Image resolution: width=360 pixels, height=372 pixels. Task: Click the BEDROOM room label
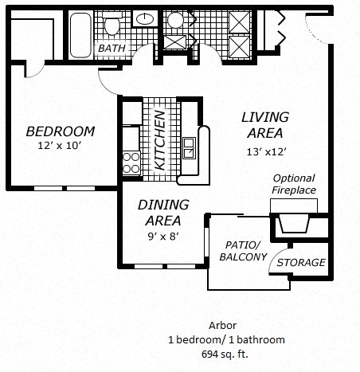tap(60, 131)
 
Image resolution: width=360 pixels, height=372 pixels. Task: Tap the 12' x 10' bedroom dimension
tap(59, 146)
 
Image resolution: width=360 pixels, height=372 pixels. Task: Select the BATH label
tap(112, 49)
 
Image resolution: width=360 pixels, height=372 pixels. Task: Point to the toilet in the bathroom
tap(112, 26)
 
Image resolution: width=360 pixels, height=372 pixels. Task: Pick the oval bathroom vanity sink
tap(147, 18)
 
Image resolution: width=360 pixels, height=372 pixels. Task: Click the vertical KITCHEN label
tap(159, 140)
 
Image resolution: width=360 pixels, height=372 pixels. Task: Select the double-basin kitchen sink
tap(190, 148)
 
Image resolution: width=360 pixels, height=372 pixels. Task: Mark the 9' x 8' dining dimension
tap(162, 236)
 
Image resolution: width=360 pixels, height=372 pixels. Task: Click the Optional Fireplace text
tap(294, 184)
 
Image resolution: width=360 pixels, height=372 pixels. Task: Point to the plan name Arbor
tap(223, 326)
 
